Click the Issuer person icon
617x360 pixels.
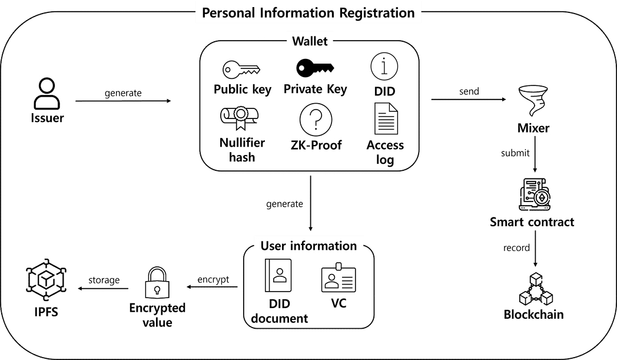[x=47, y=94]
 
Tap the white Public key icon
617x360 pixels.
[x=241, y=70]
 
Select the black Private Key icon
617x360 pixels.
[x=315, y=68]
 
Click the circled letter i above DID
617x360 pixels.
[x=384, y=66]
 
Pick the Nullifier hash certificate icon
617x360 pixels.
[x=239, y=118]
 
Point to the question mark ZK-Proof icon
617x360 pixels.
[x=316, y=120]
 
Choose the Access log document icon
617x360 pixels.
[x=386, y=118]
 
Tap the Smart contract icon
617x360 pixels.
[x=535, y=194]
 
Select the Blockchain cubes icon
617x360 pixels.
[x=536, y=289]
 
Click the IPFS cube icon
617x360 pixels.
[x=46, y=280]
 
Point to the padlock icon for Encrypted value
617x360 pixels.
[x=157, y=283]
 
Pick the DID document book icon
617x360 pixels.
[x=278, y=275]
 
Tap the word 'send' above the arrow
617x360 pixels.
[x=469, y=91]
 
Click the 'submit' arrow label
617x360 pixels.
[x=515, y=153]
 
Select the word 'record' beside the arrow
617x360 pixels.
[x=516, y=247]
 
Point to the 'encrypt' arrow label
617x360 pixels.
[x=213, y=279]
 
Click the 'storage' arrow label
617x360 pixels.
[x=104, y=280]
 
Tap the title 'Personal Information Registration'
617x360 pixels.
[x=308, y=13]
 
